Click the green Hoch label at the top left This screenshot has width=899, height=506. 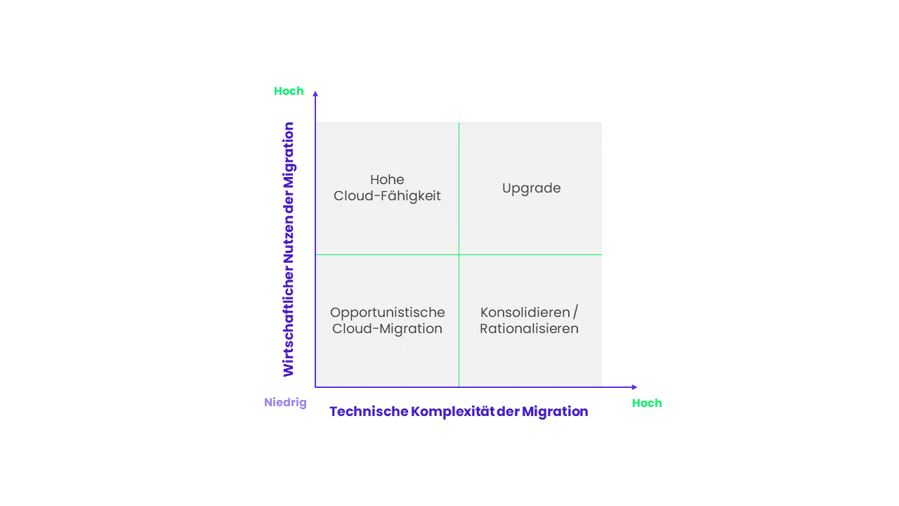pos(289,91)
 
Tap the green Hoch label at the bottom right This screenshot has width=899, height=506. pos(647,403)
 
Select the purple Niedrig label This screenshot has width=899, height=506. pos(285,403)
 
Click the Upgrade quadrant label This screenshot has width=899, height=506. pos(531,188)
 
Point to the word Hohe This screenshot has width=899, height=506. pos(387,179)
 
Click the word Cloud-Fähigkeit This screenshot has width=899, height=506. pos(387,196)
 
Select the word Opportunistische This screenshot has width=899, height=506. pos(387,313)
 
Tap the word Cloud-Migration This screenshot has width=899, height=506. pos(387,328)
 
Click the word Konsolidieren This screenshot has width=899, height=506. pos(525,312)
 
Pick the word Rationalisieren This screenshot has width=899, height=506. pos(529,328)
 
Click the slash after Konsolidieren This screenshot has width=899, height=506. pos(575,312)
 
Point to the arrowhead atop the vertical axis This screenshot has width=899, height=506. pos(315,94)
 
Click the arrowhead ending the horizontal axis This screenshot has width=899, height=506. pos(634,387)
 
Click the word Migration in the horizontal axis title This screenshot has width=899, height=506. pos(555,412)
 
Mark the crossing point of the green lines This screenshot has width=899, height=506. pos(459,254)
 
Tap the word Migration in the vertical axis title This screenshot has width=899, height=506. pos(289,155)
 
